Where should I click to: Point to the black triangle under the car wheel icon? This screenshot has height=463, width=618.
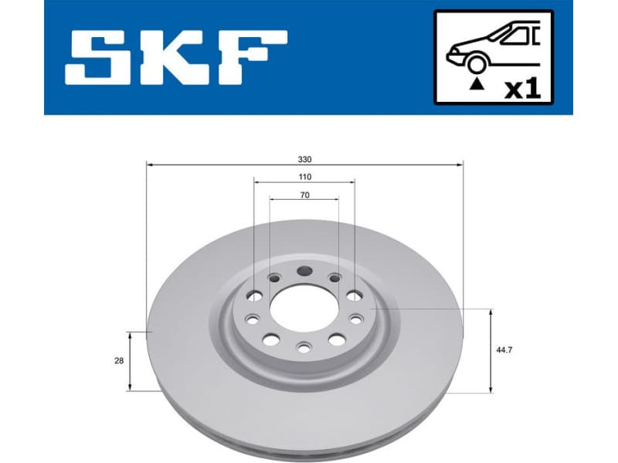[478, 80]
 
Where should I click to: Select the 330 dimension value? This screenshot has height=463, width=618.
[304, 159]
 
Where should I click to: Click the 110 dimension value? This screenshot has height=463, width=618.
[304, 177]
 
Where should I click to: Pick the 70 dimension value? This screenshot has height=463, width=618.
[304, 195]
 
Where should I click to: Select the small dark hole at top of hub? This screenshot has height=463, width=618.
[304, 272]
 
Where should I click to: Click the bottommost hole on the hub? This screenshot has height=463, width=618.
[304, 349]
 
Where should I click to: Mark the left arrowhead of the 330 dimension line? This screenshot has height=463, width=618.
[149, 164]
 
